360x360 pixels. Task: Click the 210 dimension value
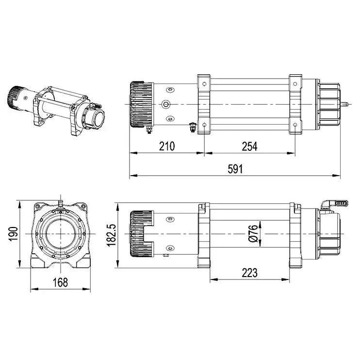[166, 146]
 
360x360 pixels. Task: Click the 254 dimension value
[249, 146]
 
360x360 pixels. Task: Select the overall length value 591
[235, 169]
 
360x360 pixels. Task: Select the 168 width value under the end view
[60, 282]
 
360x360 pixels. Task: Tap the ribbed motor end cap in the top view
[141, 104]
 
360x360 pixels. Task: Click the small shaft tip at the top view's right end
[347, 104]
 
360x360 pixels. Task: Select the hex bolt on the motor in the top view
[166, 104]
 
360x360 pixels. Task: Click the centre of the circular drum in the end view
[60, 233]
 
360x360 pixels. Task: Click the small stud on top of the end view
[60, 200]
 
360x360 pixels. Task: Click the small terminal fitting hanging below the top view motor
[193, 128]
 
